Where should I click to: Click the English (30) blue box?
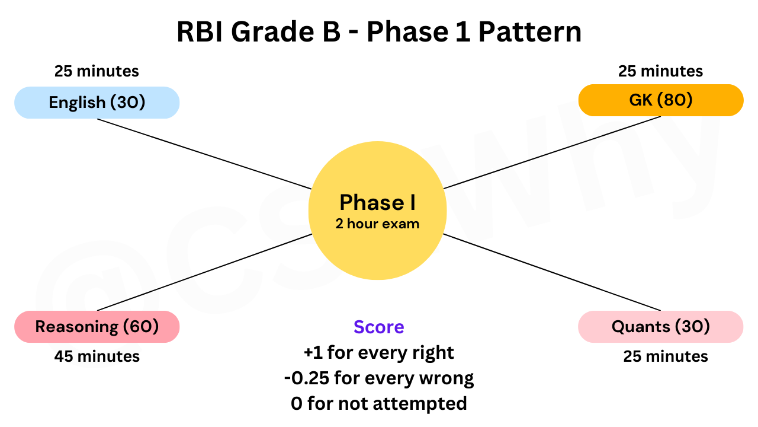[x=97, y=103]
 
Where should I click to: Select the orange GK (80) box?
[x=660, y=100]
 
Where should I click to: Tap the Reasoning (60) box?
[x=97, y=327]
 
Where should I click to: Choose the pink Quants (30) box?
[x=660, y=327]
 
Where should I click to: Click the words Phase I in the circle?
[x=377, y=203]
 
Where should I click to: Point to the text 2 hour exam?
[x=377, y=224]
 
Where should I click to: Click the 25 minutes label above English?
[x=97, y=72]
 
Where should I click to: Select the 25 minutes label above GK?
[x=660, y=72]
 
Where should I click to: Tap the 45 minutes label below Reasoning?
[x=97, y=356]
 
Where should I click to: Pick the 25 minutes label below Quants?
[x=665, y=356]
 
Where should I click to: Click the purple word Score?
[x=378, y=327]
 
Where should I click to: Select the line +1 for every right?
[x=378, y=353]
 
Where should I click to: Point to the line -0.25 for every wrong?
[x=378, y=378]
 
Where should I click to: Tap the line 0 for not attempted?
[x=378, y=404]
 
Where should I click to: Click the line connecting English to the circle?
[x=204, y=154]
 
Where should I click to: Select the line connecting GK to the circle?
[x=552, y=152]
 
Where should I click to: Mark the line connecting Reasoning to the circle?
[x=204, y=272]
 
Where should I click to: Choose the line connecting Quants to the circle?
[x=552, y=272]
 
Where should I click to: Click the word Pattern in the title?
[x=530, y=33]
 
